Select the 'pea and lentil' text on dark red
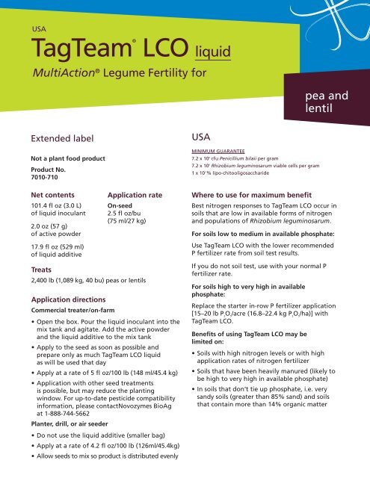(327, 103)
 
